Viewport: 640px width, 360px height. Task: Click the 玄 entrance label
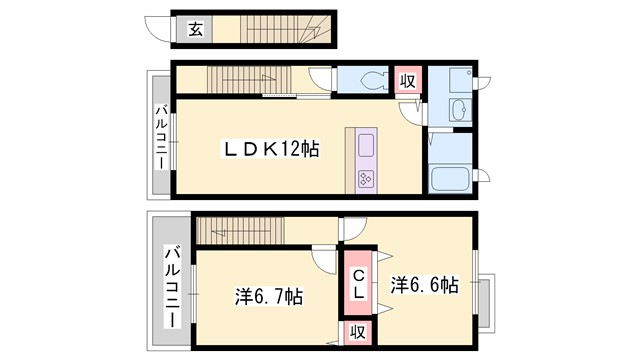tap(195, 29)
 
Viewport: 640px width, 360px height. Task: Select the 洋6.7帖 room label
tap(269, 296)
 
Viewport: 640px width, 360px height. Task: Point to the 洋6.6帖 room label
tap(424, 284)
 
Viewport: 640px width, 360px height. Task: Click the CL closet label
tap(357, 283)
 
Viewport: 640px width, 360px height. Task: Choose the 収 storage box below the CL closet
tap(357, 332)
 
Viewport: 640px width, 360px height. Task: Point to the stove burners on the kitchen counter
tap(364, 179)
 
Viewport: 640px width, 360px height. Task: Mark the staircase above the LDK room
tap(245, 80)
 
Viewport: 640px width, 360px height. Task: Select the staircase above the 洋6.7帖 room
tap(240, 231)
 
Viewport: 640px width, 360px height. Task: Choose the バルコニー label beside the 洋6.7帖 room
tap(173, 287)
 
